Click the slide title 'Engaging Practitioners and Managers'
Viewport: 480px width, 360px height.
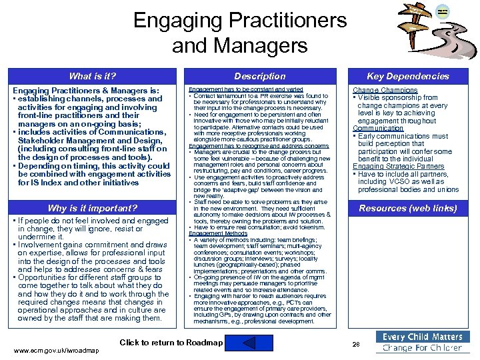[240, 33]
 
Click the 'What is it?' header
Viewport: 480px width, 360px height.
[93, 76]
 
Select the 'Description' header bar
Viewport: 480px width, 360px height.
[260, 76]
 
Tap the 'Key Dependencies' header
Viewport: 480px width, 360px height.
[408, 76]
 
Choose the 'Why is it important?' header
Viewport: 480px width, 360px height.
[93, 208]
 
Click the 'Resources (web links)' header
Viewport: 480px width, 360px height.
[408, 208]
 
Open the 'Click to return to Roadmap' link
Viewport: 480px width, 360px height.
[171, 343]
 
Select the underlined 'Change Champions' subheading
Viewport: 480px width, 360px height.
[385, 90]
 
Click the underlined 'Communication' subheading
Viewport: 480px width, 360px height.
[378, 129]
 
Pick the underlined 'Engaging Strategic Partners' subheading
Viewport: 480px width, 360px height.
[398, 167]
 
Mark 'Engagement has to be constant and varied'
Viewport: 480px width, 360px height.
[246, 89]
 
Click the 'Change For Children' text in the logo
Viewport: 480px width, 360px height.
[423, 348]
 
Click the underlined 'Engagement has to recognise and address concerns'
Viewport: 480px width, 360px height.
[259, 146]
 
